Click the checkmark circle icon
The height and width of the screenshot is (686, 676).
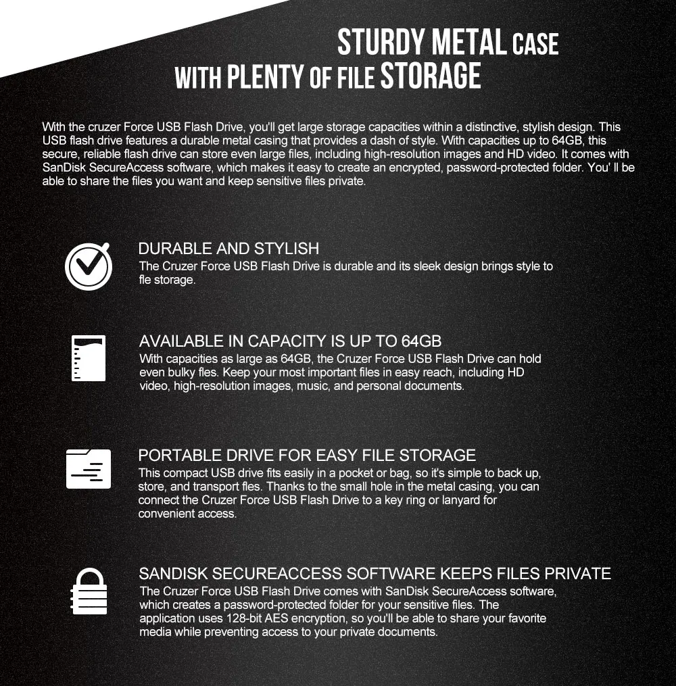click(x=88, y=266)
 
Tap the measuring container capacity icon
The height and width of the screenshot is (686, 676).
click(x=88, y=358)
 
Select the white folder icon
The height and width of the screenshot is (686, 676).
click(x=88, y=468)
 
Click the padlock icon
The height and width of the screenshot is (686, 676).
click(x=89, y=591)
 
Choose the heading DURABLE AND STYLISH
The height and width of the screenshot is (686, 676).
click(x=228, y=249)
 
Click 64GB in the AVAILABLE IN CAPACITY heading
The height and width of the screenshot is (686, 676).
click(x=421, y=341)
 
